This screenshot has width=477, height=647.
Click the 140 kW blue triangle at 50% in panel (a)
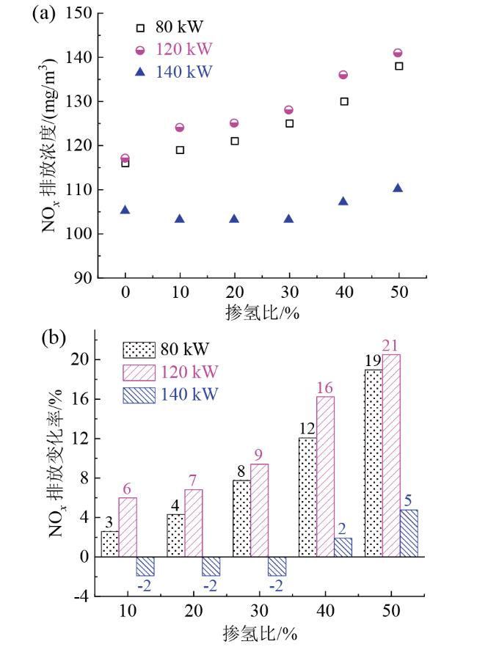click(x=398, y=189)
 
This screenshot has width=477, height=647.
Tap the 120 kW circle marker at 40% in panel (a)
click(x=343, y=75)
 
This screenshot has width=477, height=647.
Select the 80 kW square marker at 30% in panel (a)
click(x=289, y=123)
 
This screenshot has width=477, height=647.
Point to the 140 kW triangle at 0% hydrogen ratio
click(x=125, y=211)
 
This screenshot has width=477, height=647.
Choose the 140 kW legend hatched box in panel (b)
click(x=137, y=395)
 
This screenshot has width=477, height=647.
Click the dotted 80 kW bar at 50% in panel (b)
click(x=373, y=463)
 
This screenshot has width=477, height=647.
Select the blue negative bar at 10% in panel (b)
click(x=145, y=566)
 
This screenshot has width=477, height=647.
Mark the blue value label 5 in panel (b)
click(x=409, y=501)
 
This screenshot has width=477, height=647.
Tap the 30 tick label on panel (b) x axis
click(x=260, y=612)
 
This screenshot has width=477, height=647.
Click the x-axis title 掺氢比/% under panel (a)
click(x=262, y=311)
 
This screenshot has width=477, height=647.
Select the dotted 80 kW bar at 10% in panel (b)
click(x=109, y=544)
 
